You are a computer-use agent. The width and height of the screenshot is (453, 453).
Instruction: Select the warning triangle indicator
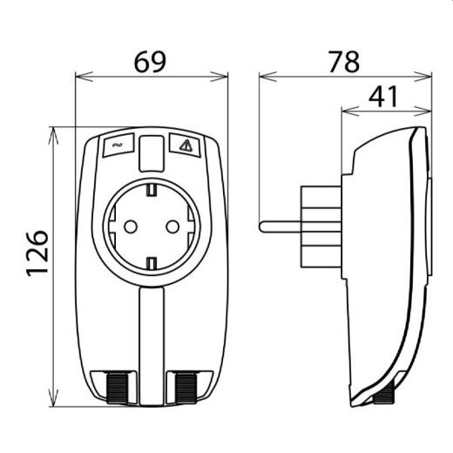pos(184,145)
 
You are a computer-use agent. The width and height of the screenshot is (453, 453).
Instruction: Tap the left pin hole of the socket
pos(130,226)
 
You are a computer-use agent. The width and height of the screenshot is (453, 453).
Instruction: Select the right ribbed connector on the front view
pos(186,384)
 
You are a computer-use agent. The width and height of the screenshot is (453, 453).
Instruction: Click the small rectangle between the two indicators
pos(152,152)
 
